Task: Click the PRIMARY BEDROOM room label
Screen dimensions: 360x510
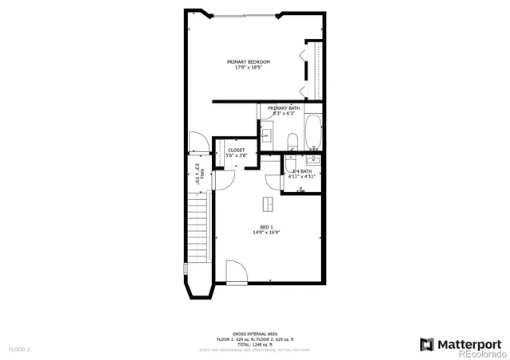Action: pyautogui.click(x=248, y=62)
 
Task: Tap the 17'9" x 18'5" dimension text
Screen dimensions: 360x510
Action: pyautogui.click(x=248, y=68)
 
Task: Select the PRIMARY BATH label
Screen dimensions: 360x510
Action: pyautogui.click(x=284, y=108)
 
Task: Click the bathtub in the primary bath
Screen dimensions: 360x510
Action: pyautogui.click(x=313, y=131)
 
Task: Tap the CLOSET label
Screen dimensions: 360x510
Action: pyautogui.click(x=237, y=150)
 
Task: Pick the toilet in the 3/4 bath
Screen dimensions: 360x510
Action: pyautogui.click(x=300, y=190)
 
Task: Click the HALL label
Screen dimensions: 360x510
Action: pyautogui.click(x=198, y=174)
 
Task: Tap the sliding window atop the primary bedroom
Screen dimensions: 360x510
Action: pyautogui.click(x=247, y=15)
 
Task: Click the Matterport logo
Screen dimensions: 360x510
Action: pyautogui.click(x=460, y=343)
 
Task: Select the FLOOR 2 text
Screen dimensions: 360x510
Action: pyautogui.click(x=19, y=349)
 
